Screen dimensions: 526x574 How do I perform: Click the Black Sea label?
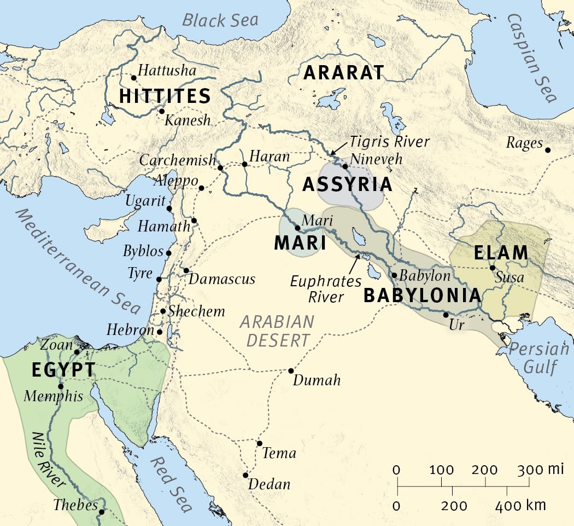tap(220, 21)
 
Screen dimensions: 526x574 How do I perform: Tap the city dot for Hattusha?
tap(133, 78)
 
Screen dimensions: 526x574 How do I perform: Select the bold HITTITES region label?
tap(165, 97)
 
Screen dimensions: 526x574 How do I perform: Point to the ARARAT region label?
tap(344, 73)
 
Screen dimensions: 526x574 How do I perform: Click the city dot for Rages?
tap(548, 149)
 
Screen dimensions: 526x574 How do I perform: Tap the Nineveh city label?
tap(377, 159)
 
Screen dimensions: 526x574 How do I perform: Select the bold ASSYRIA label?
tap(347, 185)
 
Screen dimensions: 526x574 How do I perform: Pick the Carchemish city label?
tap(178, 160)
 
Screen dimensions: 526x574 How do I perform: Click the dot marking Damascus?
tap(186, 270)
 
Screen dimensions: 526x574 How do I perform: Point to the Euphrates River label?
tap(326, 288)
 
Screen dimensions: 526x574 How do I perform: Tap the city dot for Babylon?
tap(394, 275)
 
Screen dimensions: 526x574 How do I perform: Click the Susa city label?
tap(509, 278)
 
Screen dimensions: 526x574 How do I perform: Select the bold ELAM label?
tap(501, 253)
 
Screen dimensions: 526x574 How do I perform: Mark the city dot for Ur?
tap(446, 315)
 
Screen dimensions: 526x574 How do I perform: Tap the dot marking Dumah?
tap(291, 371)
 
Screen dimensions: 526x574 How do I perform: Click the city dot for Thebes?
tap(102, 512)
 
